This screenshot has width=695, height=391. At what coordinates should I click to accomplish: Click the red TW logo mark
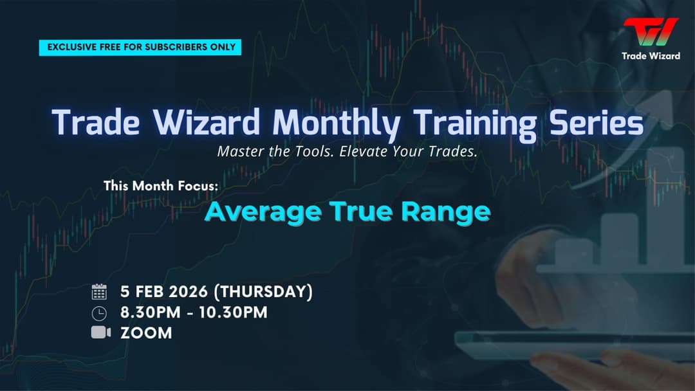click(651, 32)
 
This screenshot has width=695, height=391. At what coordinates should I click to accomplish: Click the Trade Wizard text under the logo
click(651, 56)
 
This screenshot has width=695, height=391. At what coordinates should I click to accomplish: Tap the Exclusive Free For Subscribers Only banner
click(140, 47)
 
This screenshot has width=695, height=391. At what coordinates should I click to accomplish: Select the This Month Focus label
click(161, 186)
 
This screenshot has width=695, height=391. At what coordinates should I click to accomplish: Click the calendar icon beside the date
click(99, 292)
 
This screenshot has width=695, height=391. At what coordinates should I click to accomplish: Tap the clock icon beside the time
click(99, 313)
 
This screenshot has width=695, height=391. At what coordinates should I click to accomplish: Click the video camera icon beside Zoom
click(100, 332)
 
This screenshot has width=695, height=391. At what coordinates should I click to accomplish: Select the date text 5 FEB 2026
click(164, 292)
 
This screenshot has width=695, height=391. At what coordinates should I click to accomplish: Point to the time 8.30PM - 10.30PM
click(194, 313)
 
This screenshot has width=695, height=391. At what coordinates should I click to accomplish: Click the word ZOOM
click(146, 333)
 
